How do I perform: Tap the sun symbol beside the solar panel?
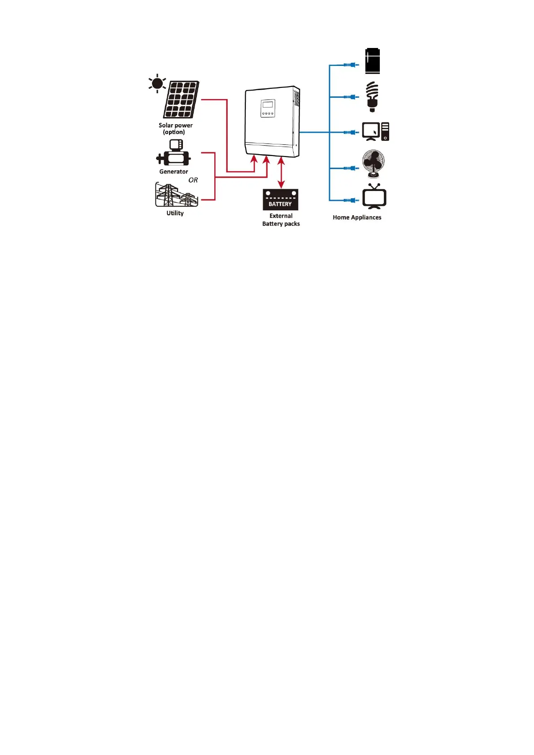click(157, 84)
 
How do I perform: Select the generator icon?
click(174, 153)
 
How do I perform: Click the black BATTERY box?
click(280, 200)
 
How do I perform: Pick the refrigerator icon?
click(373, 61)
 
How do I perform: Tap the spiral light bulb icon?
click(372, 96)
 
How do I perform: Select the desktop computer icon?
click(376, 132)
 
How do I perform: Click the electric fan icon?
click(373, 164)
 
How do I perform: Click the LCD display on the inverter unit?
click(267, 105)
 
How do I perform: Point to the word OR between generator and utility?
click(193, 180)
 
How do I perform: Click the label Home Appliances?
click(357, 217)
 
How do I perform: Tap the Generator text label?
click(174, 172)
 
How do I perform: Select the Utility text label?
click(175, 213)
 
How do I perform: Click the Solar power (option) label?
click(175, 129)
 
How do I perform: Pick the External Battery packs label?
click(281, 220)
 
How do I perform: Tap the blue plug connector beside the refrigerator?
click(351, 65)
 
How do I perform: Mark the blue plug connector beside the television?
click(351, 200)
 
